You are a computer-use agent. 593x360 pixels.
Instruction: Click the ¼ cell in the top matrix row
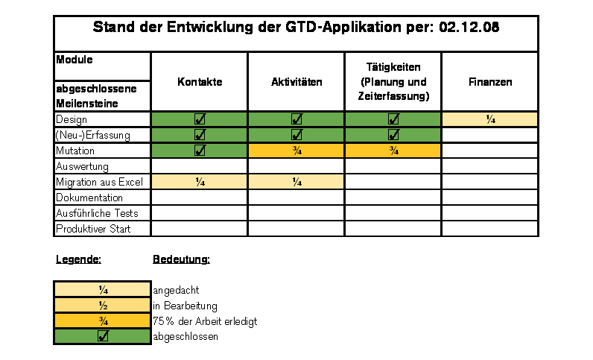[489, 119]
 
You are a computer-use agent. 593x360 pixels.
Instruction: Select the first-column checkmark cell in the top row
[199, 119]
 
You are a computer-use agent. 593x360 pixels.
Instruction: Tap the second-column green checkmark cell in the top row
[296, 119]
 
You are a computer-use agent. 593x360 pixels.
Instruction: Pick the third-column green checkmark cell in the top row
[393, 119]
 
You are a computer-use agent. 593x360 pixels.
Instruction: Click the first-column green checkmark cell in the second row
[199, 135]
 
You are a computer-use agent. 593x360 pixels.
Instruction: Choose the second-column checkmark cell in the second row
[296, 135]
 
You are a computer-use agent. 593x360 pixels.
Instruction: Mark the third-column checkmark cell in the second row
[393, 135]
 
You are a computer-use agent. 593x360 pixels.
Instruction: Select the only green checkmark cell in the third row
[199, 151]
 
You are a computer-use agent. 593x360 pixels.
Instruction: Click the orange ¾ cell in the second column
[296, 151]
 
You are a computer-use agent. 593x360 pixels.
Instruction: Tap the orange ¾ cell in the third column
[393, 151]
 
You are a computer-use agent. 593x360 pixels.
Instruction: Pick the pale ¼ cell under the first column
[199, 182]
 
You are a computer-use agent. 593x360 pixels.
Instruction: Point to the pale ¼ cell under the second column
[296, 182]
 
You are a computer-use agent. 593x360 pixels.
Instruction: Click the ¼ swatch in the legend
[102, 289]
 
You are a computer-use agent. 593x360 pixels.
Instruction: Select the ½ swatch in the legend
[102, 305]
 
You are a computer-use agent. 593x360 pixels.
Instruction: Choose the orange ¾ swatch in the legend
[102, 320]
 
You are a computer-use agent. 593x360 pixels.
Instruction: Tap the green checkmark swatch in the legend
[102, 336]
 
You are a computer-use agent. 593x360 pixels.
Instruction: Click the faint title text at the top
[296, 28]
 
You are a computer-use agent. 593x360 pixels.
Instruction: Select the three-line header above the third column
[393, 82]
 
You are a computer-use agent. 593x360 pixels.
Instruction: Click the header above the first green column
[200, 82]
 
